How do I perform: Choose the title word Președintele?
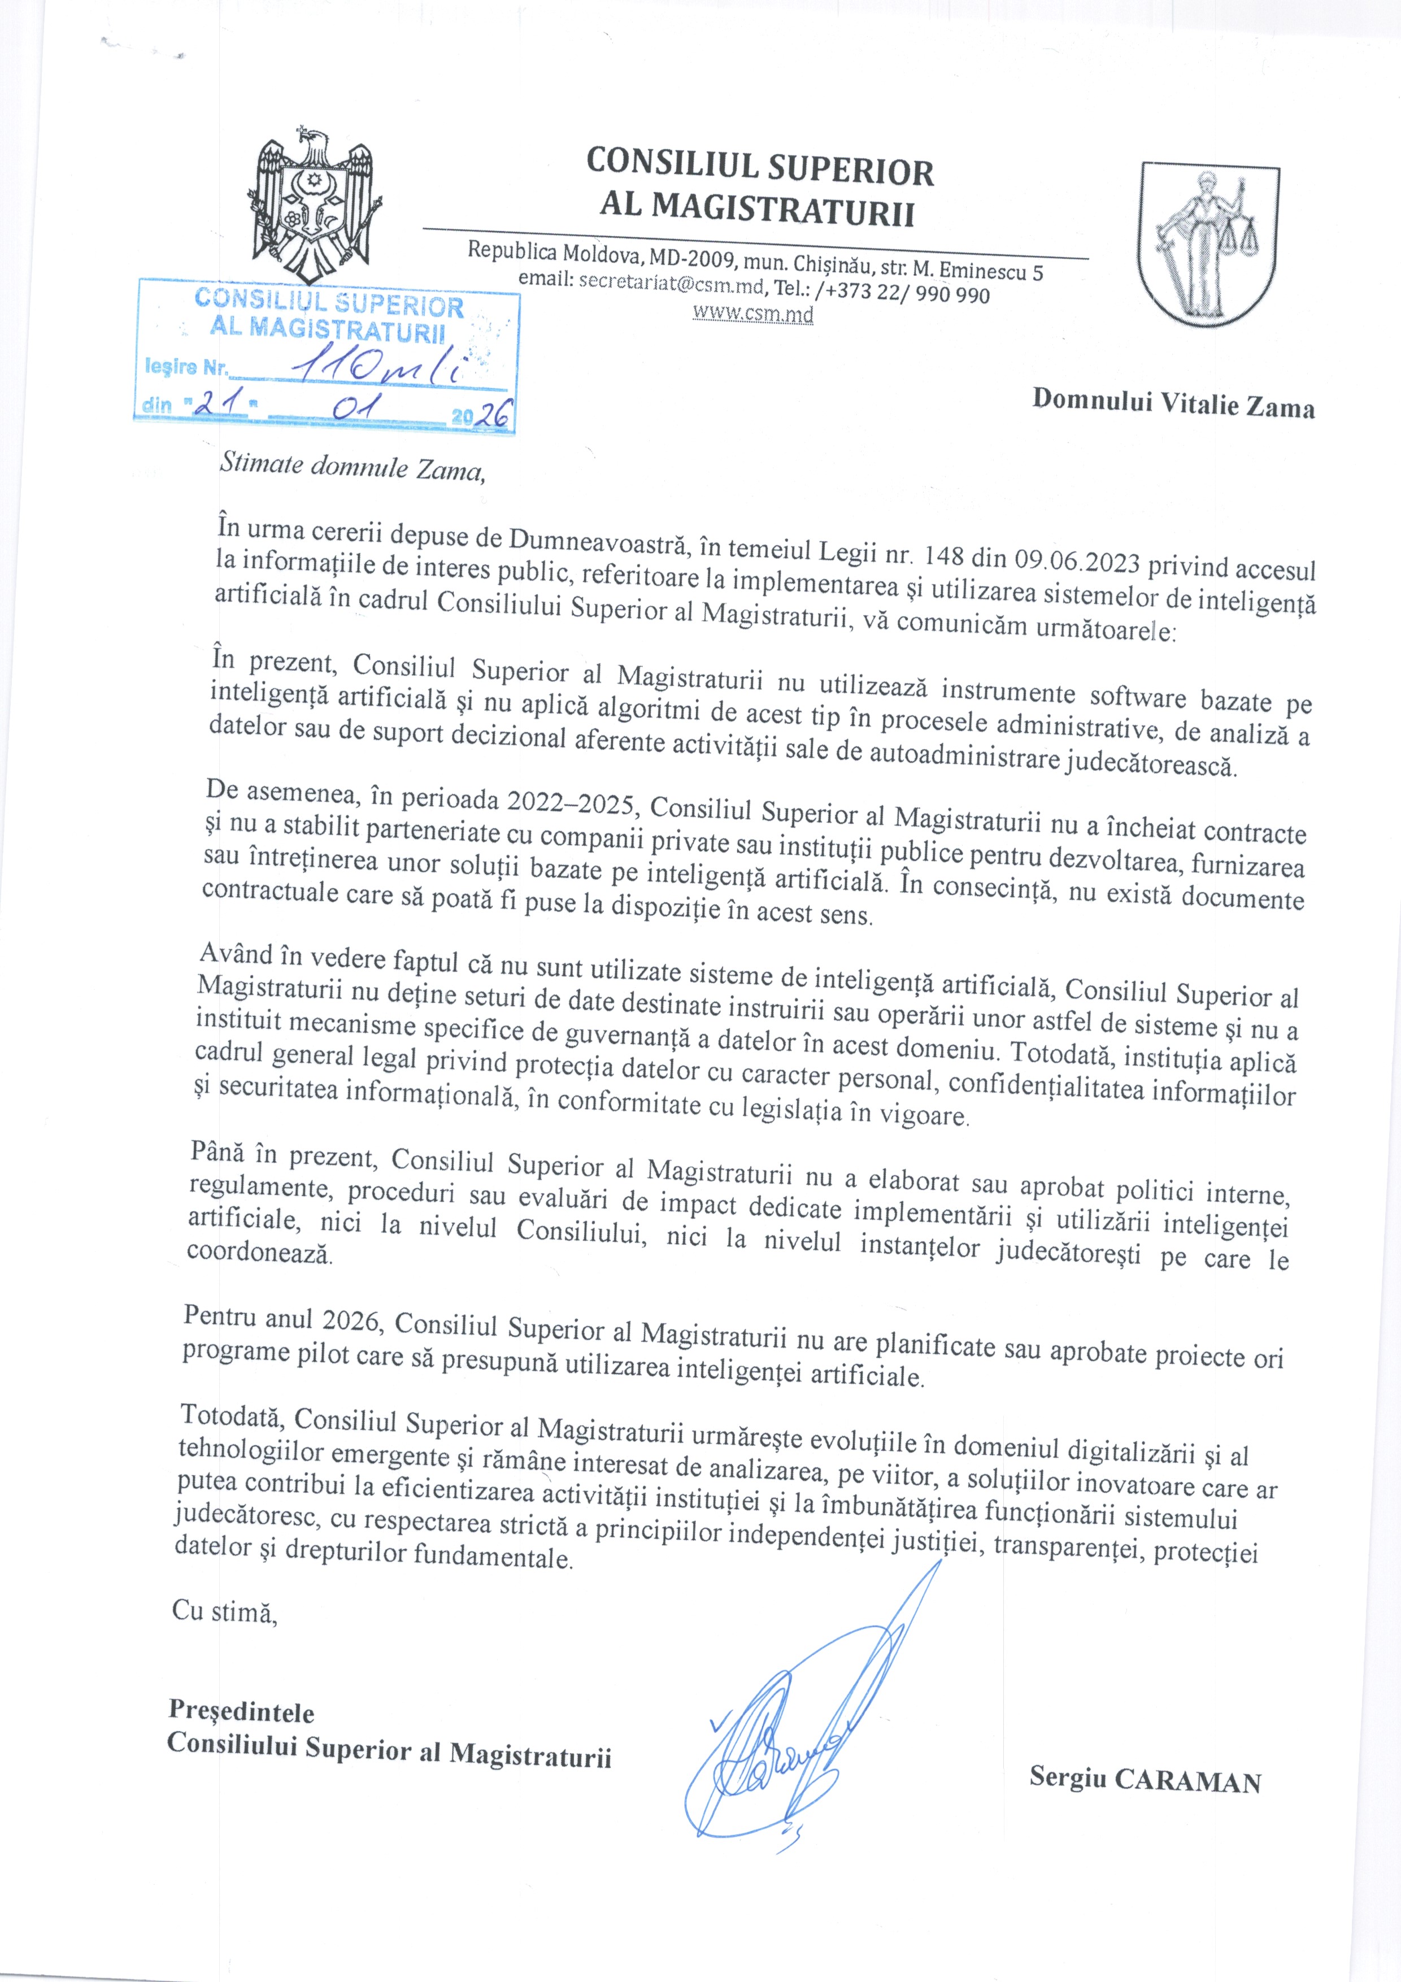pyautogui.click(x=241, y=1710)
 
